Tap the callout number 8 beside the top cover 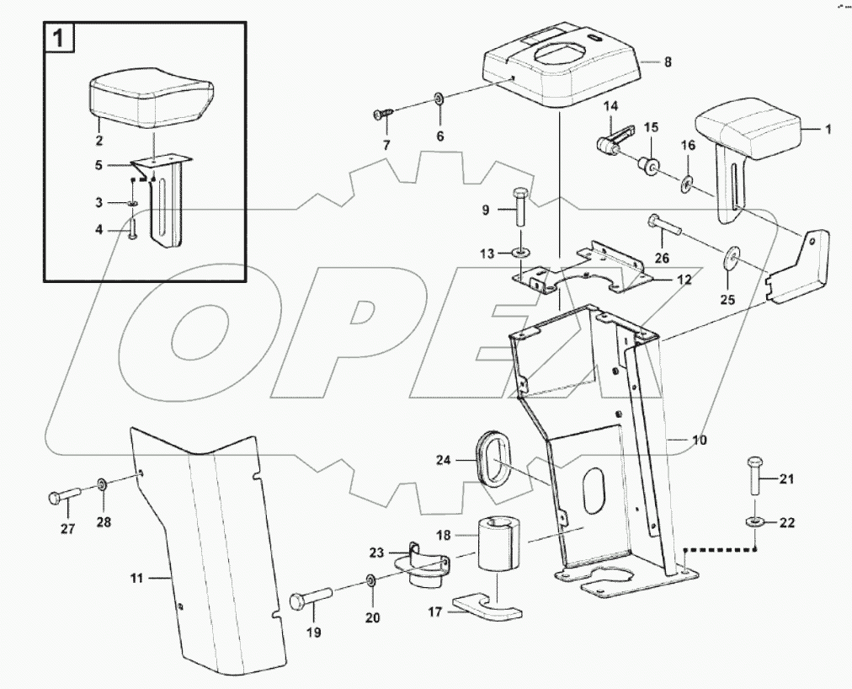668,62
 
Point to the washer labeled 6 439,99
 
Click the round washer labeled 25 728,257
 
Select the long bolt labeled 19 311,601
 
